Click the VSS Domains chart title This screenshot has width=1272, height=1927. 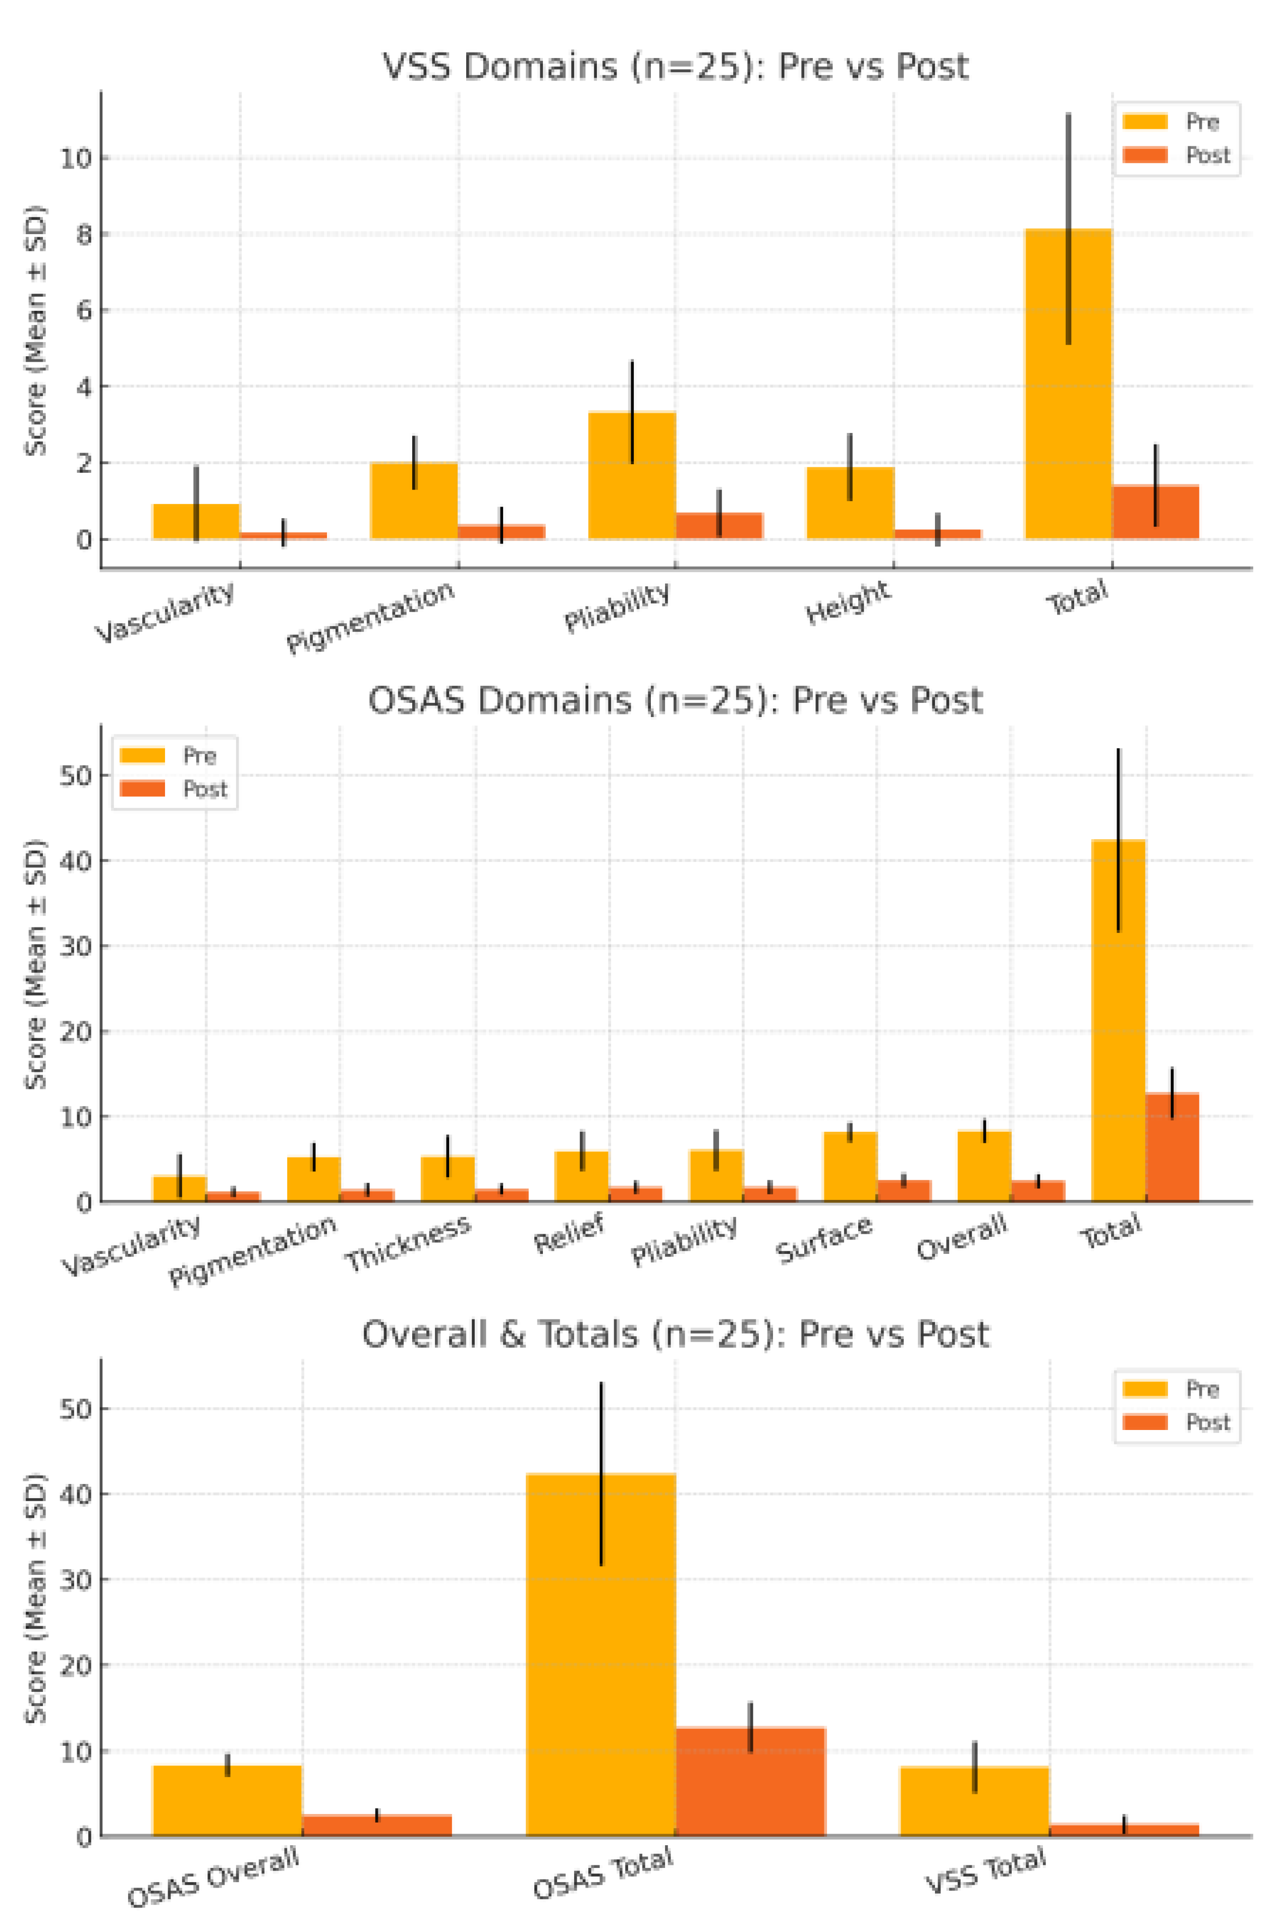click(675, 67)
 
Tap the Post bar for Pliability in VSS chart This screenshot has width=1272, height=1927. click(718, 526)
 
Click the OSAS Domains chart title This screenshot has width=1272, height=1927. click(675, 700)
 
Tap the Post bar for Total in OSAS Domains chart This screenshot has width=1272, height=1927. click(1172, 1151)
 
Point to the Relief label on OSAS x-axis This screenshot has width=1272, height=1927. click(570, 1233)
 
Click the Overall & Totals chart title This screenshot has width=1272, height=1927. click(675, 1334)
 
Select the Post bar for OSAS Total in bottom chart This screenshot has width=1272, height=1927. click(750, 1784)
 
